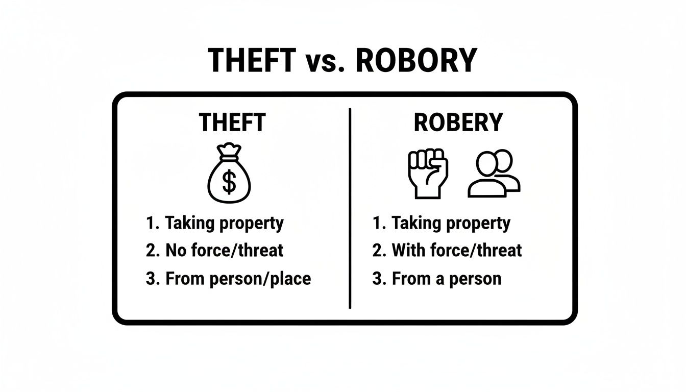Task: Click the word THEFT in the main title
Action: pos(252,60)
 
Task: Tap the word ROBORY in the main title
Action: pos(415,60)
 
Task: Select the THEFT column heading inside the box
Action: pos(232,123)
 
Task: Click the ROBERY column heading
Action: pos(458,123)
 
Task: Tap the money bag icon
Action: pos(229,174)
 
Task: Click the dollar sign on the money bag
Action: pos(229,182)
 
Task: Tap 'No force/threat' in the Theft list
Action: pos(225,251)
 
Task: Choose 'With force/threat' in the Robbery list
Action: pos(456,251)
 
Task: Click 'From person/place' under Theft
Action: pos(238,279)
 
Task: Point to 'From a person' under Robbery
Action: pos(446,279)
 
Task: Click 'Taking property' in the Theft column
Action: pos(224,223)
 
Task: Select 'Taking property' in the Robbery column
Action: pos(451,223)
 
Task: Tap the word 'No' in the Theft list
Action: pos(174,251)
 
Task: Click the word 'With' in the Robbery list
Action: pos(406,251)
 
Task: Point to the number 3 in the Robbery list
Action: pos(377,279)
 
